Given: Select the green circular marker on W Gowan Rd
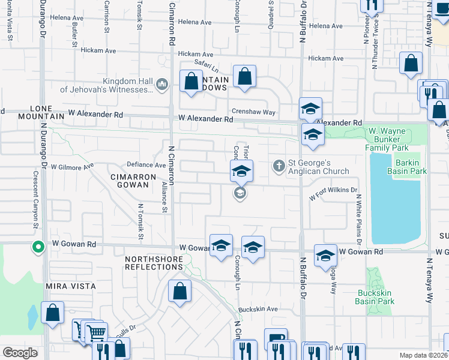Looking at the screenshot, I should (37, 247).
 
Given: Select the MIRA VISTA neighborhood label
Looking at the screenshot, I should (67, 287).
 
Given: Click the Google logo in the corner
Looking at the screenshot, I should (20, 352).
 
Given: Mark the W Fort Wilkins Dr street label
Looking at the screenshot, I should (333, 193).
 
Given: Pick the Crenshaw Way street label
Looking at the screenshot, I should (254, 112).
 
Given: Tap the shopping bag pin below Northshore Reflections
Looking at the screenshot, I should (179, 293).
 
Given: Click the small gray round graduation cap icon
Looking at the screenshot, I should (240, 193).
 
